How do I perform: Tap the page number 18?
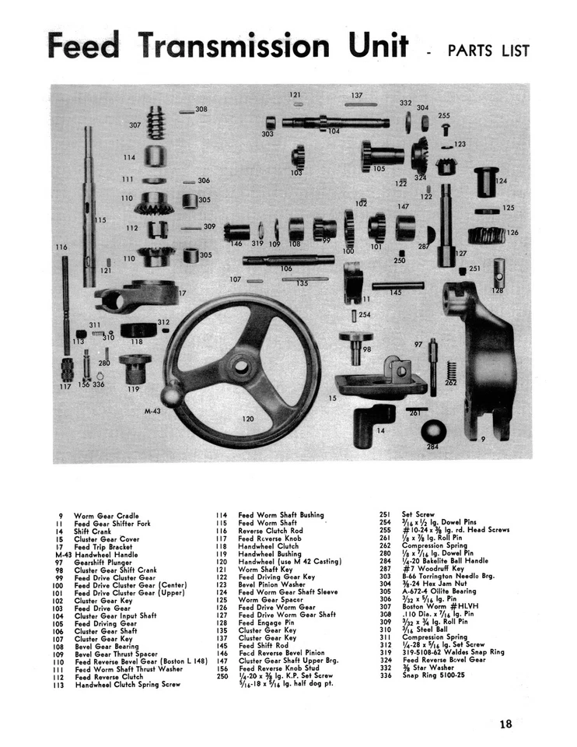(506, 724)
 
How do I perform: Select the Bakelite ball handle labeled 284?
(434, 433)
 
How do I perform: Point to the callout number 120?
(247, 419)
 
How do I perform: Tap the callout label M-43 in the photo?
(154, 409)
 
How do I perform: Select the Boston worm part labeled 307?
(156, 123)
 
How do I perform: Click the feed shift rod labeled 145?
(397, 286)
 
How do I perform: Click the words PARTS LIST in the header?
(488, 51)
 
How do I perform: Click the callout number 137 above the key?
(356, 95)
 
